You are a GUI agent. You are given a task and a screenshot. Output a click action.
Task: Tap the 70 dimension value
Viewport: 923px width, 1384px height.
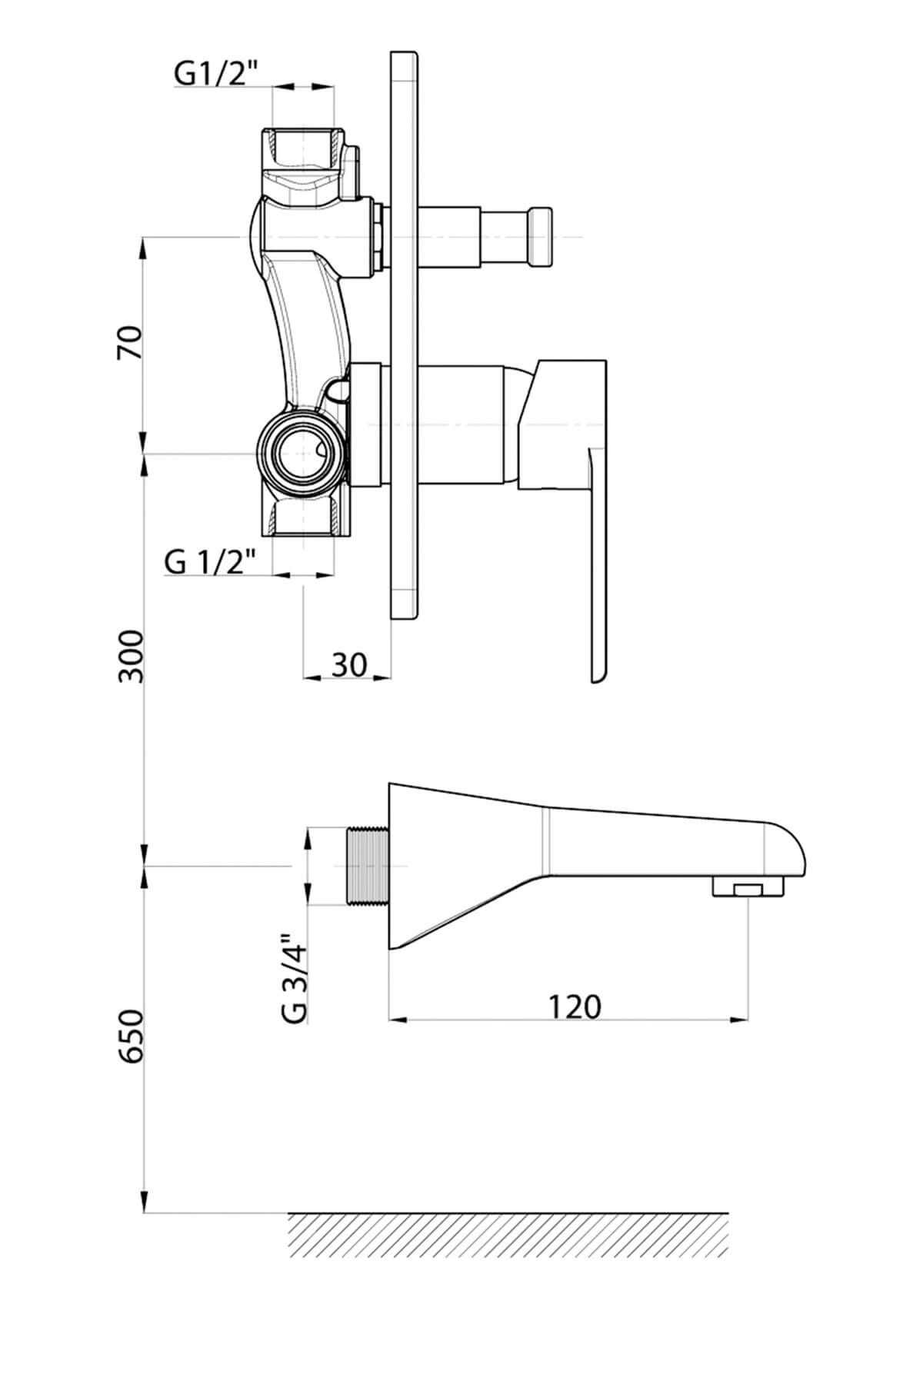coord(130,343)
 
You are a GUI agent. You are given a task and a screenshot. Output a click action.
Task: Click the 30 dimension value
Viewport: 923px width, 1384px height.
coord(349,664)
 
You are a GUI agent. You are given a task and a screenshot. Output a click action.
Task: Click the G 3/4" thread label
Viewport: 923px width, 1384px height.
coord(295,977)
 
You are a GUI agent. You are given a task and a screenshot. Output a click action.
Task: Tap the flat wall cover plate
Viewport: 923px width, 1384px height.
coord(405,334)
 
